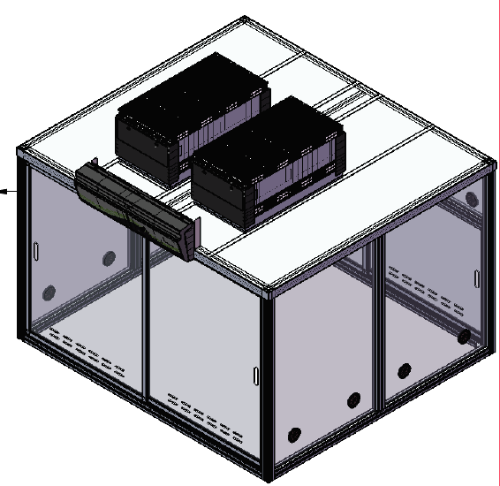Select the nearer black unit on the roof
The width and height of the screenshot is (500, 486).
pyautogui.click(x=265, y=159)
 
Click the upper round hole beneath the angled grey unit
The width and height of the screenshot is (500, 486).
pyautogui.click(x=110, y=258)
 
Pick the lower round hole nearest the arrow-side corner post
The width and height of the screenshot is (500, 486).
pyautogui.click(x=49, y=292)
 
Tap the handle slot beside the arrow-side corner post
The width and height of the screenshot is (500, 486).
pyautogui.click(x=34, y=251)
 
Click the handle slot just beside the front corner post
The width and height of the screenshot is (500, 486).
pyautogui.click(x=255, y=375)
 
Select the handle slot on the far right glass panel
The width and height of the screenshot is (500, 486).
pyautogui.click(x=479, y=276)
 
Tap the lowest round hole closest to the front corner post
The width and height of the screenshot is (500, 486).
pyautogui.click(x=295, y=435)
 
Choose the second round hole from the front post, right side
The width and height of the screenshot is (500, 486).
pyautogui.click(x=353, y=400)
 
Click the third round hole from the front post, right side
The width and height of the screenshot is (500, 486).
pyautogui.click(x=404, y=370)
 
